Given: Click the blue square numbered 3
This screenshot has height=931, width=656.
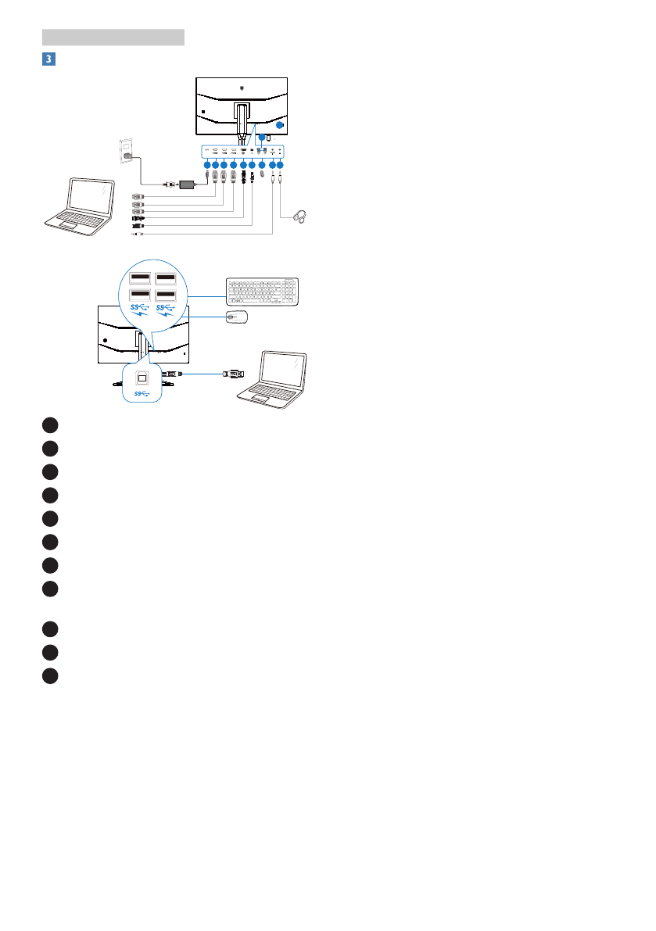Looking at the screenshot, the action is pos(48,59).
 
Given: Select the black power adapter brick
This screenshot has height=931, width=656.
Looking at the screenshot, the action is pos(188,184).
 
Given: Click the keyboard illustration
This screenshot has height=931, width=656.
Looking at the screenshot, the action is pos(262,291).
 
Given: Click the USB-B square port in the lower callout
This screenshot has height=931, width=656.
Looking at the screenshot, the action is pos(142,376).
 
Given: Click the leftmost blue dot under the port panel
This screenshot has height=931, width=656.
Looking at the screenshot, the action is pos(206,165).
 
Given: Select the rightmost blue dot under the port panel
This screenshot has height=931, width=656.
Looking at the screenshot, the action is pos(280,165).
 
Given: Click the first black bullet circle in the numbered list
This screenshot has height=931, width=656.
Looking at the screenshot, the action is pos(50,425).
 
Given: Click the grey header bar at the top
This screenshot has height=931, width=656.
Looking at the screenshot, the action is pos(113,38).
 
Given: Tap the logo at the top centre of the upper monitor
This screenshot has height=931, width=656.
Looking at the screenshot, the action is pos(242,88).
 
